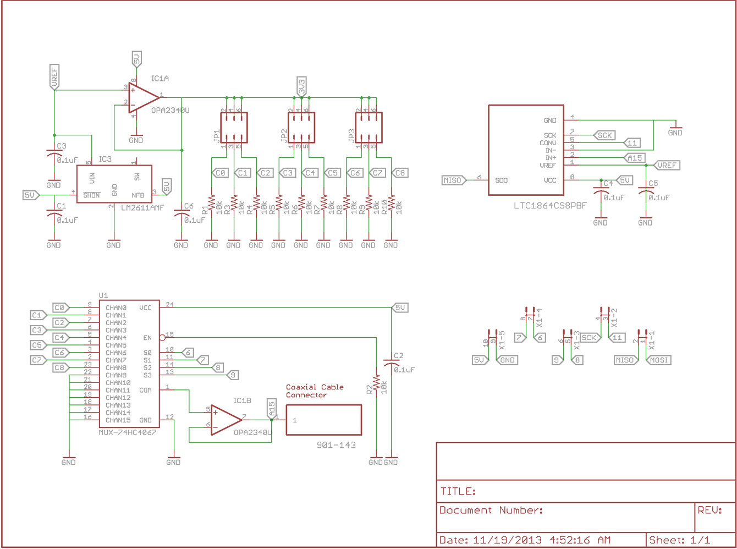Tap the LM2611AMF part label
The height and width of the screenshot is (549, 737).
pos(142,207)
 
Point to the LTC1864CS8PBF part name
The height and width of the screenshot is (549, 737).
pos(550,206)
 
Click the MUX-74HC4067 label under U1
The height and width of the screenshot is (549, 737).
pos(128,432)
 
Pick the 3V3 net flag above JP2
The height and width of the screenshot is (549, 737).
pos(301,86)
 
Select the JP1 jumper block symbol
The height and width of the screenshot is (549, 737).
pos(234,128)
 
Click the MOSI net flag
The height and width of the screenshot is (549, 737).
pos(659,360)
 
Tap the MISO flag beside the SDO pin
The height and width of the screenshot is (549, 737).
pos(453,180)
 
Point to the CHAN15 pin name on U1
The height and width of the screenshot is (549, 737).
pos(118,420)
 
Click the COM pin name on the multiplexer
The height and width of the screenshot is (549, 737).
pos(145,390)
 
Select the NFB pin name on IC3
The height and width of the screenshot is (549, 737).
pos(137,195)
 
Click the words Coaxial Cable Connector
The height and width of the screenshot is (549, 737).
pos(315,391)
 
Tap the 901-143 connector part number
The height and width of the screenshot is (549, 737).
pos(335,445)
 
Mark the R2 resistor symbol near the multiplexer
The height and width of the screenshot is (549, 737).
pos(376,383)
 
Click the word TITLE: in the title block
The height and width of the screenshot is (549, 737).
pos(458,491)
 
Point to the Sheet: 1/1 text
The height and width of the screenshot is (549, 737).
pos(680,540)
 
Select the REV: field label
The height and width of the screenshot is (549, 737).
pos(710,510)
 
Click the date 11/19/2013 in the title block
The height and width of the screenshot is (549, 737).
pos(507,540)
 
